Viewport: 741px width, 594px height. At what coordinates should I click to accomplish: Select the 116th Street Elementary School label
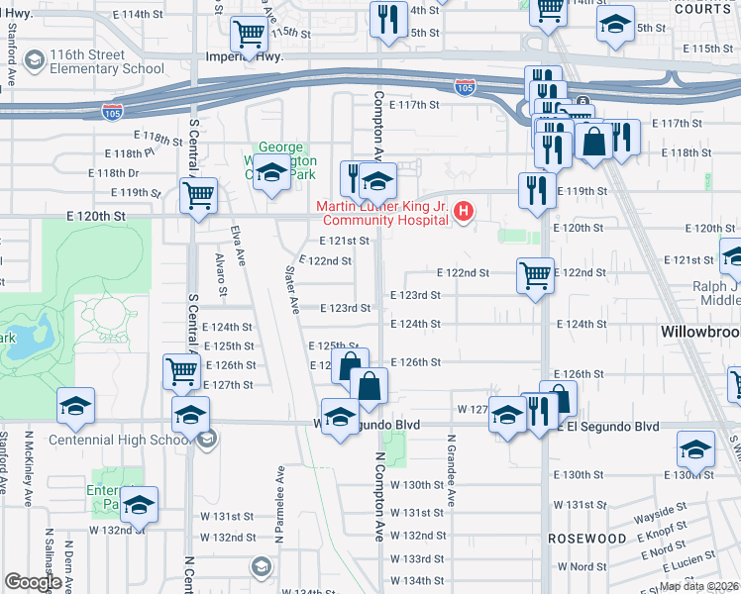(95, 61)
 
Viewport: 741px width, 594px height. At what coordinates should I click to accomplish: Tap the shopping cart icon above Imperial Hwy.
(249, 36)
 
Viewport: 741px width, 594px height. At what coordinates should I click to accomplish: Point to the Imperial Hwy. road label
(245, 57)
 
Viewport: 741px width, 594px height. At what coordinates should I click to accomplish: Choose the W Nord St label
(582, 567)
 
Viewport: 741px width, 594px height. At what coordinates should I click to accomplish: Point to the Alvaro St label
(222, 273)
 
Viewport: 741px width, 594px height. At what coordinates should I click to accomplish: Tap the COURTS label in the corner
(711, 9)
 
